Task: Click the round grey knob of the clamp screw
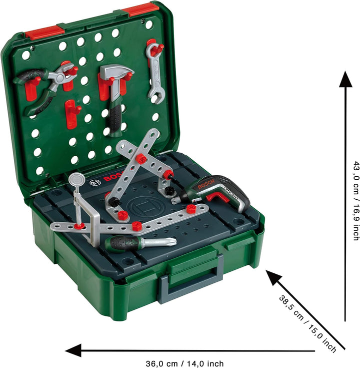tap(75, 178)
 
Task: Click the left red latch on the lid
tap(44, 33)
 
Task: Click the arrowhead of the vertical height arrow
tap(345, 80)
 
